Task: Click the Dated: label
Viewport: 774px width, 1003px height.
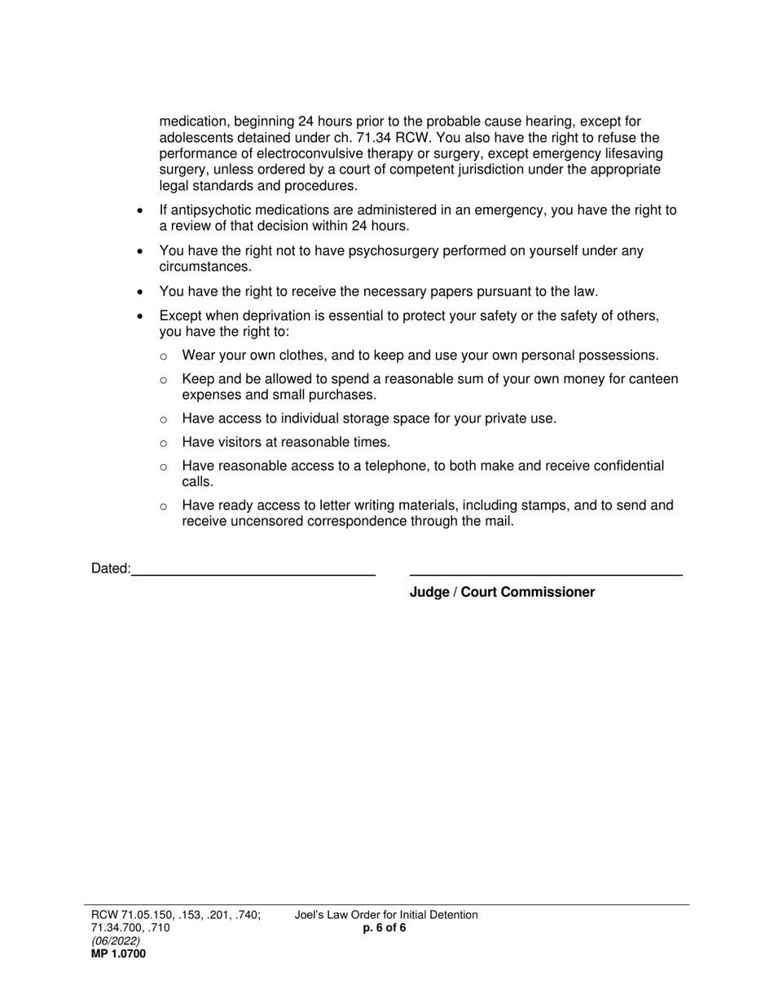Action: click(x=111, y=568)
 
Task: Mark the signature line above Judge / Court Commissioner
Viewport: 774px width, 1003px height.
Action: click(x=546, y=575)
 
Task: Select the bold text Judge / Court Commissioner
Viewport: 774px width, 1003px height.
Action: click(x=502, y=592)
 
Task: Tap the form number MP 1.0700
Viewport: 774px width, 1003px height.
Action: click(x=119, y=953)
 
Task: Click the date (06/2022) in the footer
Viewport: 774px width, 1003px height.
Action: click(x=116, y=940)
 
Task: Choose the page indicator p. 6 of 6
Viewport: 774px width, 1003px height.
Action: click(x=385, y=928)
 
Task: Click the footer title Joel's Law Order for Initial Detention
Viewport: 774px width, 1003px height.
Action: click(x=386, y=915)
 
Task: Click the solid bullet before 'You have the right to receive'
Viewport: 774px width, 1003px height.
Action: click(x=141, y=292)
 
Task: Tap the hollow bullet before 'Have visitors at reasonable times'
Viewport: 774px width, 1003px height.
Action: click(x=164, y=443)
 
